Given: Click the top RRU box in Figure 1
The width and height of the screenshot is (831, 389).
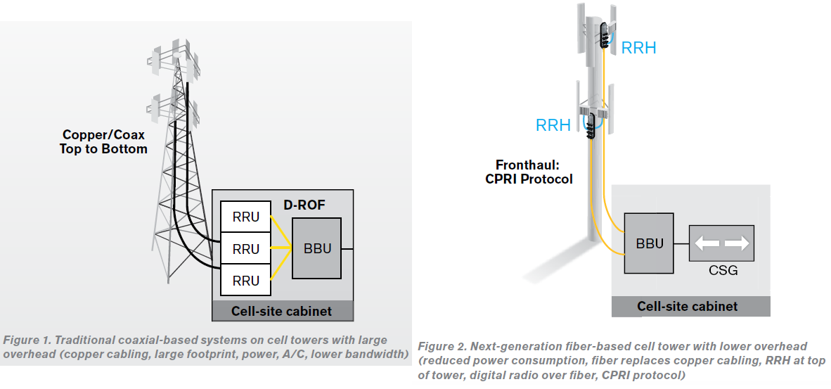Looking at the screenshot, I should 245,217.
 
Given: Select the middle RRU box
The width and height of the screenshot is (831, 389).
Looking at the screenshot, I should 245,249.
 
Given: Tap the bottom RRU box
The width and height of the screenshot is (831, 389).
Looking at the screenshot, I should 245,280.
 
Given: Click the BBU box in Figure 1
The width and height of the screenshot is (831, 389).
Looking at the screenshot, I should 316,248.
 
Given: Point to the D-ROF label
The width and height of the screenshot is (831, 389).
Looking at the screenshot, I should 304,205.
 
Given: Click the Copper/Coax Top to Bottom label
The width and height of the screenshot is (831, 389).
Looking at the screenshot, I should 105,141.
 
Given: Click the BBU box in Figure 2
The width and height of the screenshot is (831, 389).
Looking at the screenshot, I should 650,243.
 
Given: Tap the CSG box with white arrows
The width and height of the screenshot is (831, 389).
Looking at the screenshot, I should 722,243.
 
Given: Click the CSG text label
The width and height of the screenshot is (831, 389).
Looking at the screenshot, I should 722,270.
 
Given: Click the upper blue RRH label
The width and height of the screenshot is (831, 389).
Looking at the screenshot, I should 638,48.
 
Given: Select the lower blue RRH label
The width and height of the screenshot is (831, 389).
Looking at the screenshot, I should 553,125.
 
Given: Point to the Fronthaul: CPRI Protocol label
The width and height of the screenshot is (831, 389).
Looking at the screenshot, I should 529,172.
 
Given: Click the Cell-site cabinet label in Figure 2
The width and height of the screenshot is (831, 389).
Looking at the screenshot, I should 687,306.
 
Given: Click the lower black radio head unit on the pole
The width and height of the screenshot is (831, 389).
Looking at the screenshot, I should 591,125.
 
